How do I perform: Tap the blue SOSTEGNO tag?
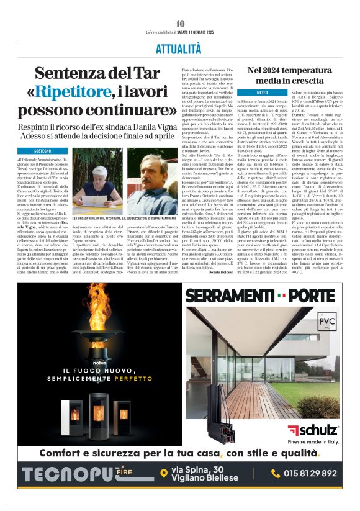[43, 151]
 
